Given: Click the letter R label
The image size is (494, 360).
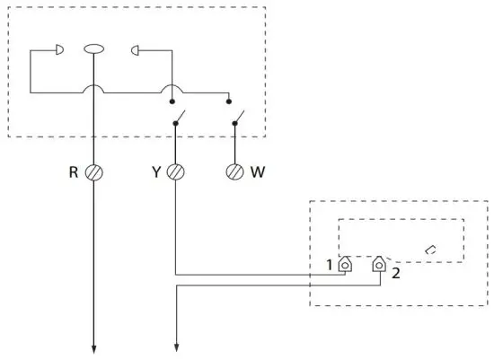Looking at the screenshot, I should (x=75, y=171).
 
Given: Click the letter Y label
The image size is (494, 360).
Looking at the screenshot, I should (x=158, y=171).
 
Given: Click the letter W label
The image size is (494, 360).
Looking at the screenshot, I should (x=258, y=171).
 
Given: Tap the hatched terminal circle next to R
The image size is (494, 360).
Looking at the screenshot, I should (x=93, y=171).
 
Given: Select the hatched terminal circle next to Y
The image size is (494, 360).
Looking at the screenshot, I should (x=176, y=171).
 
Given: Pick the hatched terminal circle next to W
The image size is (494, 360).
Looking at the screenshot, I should (x=235, y=171).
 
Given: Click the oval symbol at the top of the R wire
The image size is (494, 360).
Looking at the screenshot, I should (x=93, y=50).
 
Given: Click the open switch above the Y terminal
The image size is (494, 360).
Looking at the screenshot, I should (x=178, y=118).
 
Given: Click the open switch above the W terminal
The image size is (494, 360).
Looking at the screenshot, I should (x=237, y=118).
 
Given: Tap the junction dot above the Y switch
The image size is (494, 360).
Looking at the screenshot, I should (x=172, y=101).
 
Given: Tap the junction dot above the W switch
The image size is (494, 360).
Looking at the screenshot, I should (x=229, y=101).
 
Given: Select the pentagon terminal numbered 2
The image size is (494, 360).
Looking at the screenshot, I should (x=381, y=265).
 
